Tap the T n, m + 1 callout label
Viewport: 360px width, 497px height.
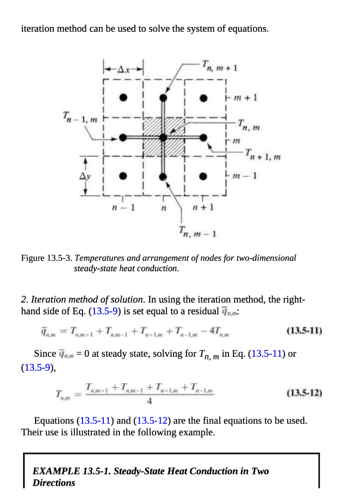[219, 65]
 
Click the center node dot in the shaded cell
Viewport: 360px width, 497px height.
[164, 137]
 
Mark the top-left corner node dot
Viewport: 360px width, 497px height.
[124, 98]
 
